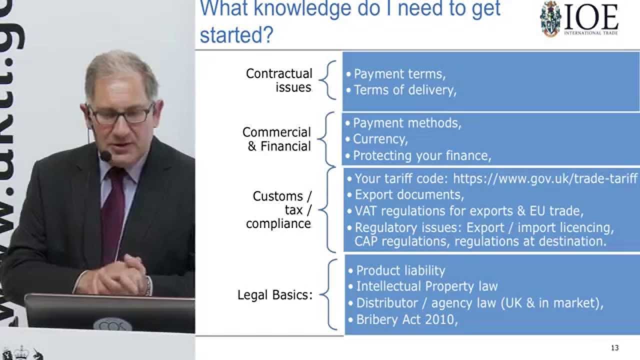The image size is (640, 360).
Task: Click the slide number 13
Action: pos(615,348)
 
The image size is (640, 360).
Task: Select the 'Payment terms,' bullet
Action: pos(399,74)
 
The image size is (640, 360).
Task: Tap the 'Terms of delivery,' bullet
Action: pos(405,90)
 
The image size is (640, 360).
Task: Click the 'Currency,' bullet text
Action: pos(380,138)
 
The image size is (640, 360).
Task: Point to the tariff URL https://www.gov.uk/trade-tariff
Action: pos(545,178)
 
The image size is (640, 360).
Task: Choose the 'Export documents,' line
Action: pos(409,194)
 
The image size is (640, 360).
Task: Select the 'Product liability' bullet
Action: pos(400,270)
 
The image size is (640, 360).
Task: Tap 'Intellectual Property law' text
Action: pos(426,286)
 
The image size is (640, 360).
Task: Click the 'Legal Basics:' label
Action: pos(274,295)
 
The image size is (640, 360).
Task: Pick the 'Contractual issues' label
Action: pos(279,80)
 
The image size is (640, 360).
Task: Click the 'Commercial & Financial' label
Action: pos(276,139)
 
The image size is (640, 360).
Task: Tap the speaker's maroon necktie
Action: pos(113,210)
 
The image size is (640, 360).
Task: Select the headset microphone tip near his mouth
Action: pos(105,156)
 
